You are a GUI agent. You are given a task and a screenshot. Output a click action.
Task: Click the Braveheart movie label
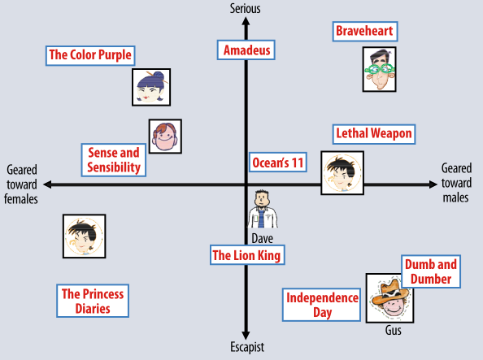point(365,32)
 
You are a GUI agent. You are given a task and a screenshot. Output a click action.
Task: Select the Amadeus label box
point(246,50)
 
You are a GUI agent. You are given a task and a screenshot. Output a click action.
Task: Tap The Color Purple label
point(90,56)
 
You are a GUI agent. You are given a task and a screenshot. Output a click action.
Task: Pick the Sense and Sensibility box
point(114,160)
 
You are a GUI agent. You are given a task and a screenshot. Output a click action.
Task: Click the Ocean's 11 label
point(278,163)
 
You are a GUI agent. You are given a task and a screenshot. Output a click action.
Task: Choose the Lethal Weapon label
point(374,134)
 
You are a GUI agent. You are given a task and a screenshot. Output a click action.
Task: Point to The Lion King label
point(247,255)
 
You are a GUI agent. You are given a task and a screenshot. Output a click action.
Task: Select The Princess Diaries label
point(93,301)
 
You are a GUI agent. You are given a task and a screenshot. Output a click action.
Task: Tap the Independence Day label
point(321,305)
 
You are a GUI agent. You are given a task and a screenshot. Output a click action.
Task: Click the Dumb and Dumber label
point(431,271)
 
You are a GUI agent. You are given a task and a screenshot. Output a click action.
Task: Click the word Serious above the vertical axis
point(246,9)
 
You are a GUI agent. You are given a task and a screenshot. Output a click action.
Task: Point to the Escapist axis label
point(247,347)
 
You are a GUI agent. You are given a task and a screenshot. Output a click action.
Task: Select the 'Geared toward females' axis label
point(21,184)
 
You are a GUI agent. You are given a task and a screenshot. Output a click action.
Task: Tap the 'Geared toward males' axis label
point(456,183)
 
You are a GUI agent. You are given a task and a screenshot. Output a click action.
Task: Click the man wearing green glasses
point(379,69)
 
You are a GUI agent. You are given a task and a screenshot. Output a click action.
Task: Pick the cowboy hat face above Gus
point(389,298)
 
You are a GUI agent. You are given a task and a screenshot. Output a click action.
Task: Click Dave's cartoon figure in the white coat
point(263,209)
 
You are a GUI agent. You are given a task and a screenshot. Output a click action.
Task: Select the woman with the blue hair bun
point(151,87)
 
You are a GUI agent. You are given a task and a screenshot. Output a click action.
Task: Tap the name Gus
point(394,331)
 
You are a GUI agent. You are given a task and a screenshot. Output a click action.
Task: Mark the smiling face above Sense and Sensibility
point(165,137)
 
